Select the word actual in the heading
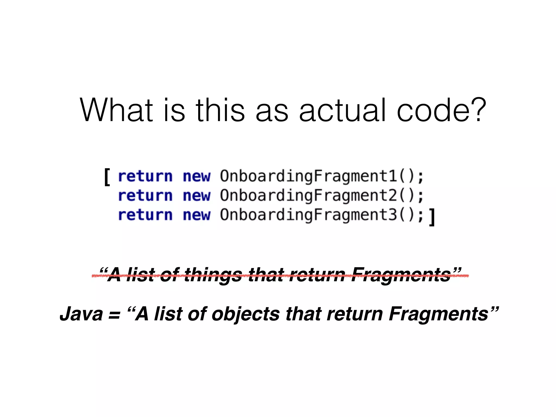pos(342,110)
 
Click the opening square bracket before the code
pos(107,177)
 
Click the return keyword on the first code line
pos(146,176)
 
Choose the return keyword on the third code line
pos(146,215)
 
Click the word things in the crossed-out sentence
pos(213,275)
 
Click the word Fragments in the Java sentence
pos(439,314)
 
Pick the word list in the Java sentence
pos(168,314)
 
